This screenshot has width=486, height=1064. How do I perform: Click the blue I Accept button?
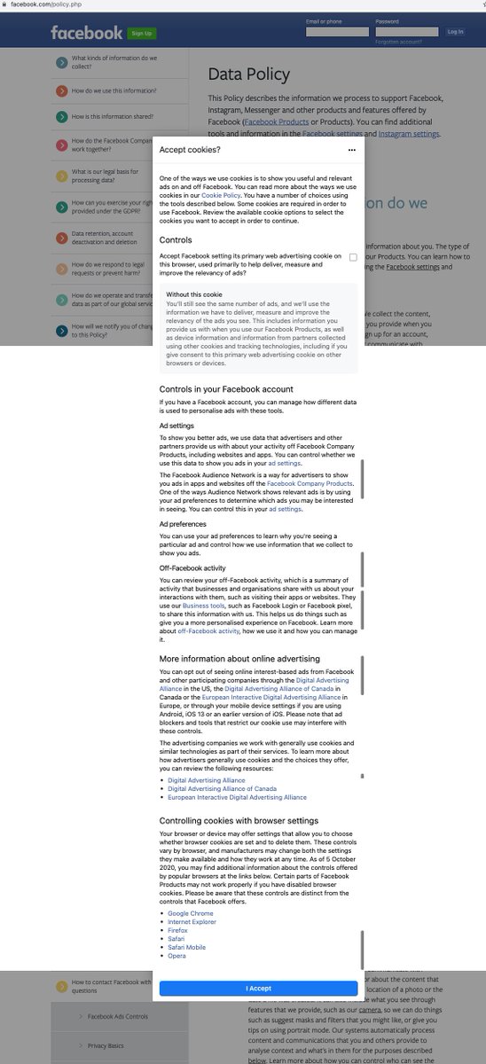(258, 988)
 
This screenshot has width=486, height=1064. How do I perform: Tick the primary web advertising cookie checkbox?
(353, 257)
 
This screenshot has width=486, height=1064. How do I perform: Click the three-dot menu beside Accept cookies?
(352, 151)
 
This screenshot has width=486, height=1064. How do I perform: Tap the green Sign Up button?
(142, 34)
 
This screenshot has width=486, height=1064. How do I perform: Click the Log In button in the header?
(455, 32)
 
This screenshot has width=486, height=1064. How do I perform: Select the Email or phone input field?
(337, 32)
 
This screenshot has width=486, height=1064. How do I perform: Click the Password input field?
(406, 32)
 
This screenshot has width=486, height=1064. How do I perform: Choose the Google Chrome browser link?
(190, 913)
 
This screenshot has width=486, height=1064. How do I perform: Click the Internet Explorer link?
(192, 922)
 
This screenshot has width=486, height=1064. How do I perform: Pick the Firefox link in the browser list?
(177, 930)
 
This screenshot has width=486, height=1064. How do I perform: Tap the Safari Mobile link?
(186, 947)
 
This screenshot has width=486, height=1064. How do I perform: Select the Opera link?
(176, 956)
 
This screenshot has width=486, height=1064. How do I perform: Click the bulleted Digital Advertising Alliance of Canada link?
(222, 788)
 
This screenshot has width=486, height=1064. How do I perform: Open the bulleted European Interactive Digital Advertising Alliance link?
(237, 797)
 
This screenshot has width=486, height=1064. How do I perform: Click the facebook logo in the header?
(86, 33)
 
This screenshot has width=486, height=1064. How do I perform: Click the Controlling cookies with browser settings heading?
(239, 820)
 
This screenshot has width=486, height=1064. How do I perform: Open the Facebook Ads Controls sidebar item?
(118, 1016)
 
